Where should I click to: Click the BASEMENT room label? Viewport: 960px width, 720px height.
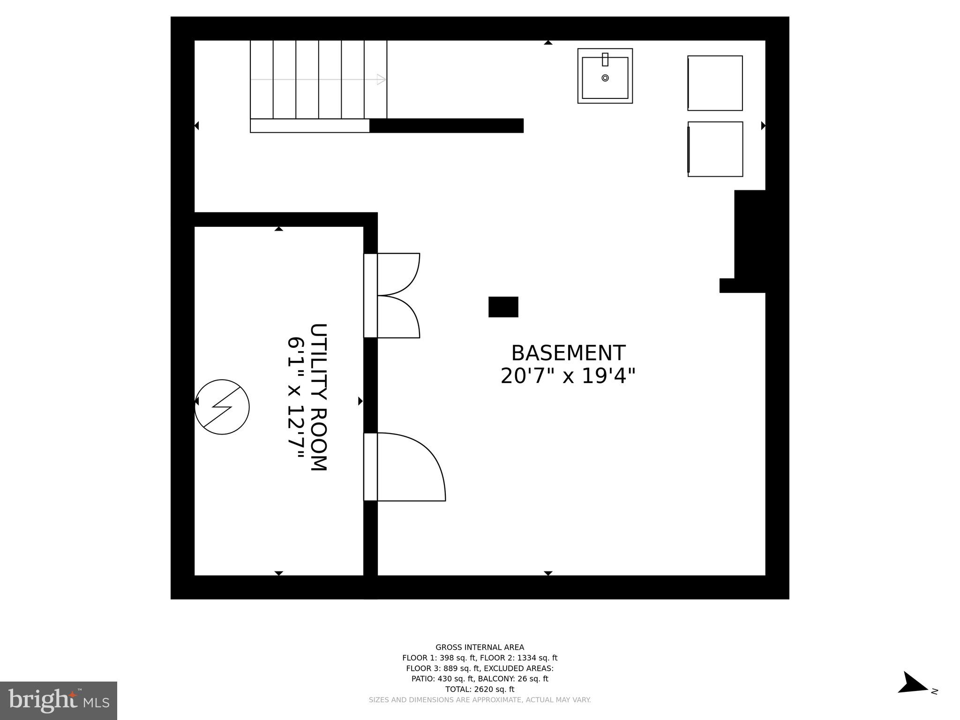tap(568, 353)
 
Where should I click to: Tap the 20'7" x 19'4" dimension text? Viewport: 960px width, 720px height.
tap(568, 376)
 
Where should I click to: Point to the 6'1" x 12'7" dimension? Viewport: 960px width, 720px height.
tap(296, 398)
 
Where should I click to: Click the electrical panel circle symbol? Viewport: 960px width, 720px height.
tap(222, 407)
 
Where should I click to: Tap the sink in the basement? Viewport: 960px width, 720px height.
tap(605, 76)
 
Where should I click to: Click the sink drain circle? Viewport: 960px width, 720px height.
tap(605, 78)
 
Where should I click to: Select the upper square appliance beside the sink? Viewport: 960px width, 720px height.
tap(715, 83)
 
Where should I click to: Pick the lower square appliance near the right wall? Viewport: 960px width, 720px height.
tap(715, 149)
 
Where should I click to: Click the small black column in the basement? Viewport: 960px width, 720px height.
tap(503, 307)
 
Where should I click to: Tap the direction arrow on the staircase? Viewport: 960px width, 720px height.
tap(381, 79)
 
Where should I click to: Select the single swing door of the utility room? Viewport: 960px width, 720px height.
tap(408, 467)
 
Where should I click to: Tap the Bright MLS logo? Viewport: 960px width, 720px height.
tap(59, 701)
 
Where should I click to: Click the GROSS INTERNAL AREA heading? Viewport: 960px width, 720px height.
tap(480, 647)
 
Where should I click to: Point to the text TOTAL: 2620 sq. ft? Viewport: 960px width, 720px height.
tap(480, 689)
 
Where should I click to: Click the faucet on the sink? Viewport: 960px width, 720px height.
tap(605, 60)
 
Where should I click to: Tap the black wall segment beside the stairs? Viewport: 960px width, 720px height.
tap(446, 126)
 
